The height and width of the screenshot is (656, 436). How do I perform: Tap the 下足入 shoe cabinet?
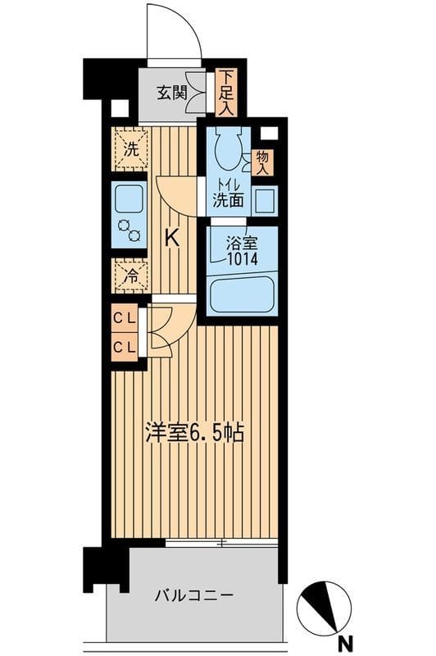coord(225,91)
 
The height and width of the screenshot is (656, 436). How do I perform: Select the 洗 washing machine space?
coord(129,150)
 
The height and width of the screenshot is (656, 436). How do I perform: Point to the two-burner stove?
coord(129,230)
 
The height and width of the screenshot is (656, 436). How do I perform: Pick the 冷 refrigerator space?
coord(129,276)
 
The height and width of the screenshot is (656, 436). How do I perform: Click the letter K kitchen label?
coord(172,239)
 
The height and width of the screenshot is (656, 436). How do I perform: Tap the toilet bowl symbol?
coord(227,148)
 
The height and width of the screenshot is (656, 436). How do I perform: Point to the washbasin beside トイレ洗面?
coord(263,199)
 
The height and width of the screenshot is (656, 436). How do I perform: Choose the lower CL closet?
coord(125,347)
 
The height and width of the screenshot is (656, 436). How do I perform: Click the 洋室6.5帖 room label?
coord(194,434)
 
